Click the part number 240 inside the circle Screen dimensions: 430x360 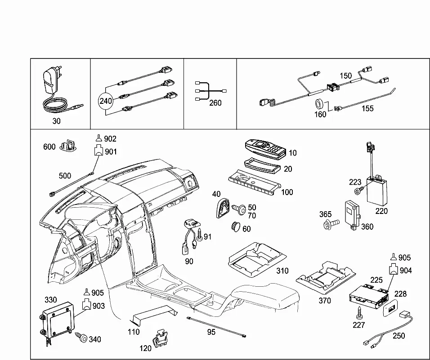coord(106,101)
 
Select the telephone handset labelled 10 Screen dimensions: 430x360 coord(265,149)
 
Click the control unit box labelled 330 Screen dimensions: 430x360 coord(58,320)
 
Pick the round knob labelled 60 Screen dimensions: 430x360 coord(236,227)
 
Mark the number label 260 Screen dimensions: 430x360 coord(215,103)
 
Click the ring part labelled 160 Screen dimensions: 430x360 coord(320,105)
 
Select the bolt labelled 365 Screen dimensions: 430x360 coord(331,224)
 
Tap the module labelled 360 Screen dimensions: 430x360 coord(352,215)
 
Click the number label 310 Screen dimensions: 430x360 coord(282,271)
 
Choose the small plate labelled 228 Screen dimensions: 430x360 coord(390,308)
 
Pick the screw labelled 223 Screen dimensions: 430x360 coord(358,191)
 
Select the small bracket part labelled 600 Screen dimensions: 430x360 coord(68,146)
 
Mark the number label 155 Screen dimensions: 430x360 coord(367,108)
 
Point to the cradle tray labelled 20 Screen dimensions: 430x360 coord(262,165)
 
